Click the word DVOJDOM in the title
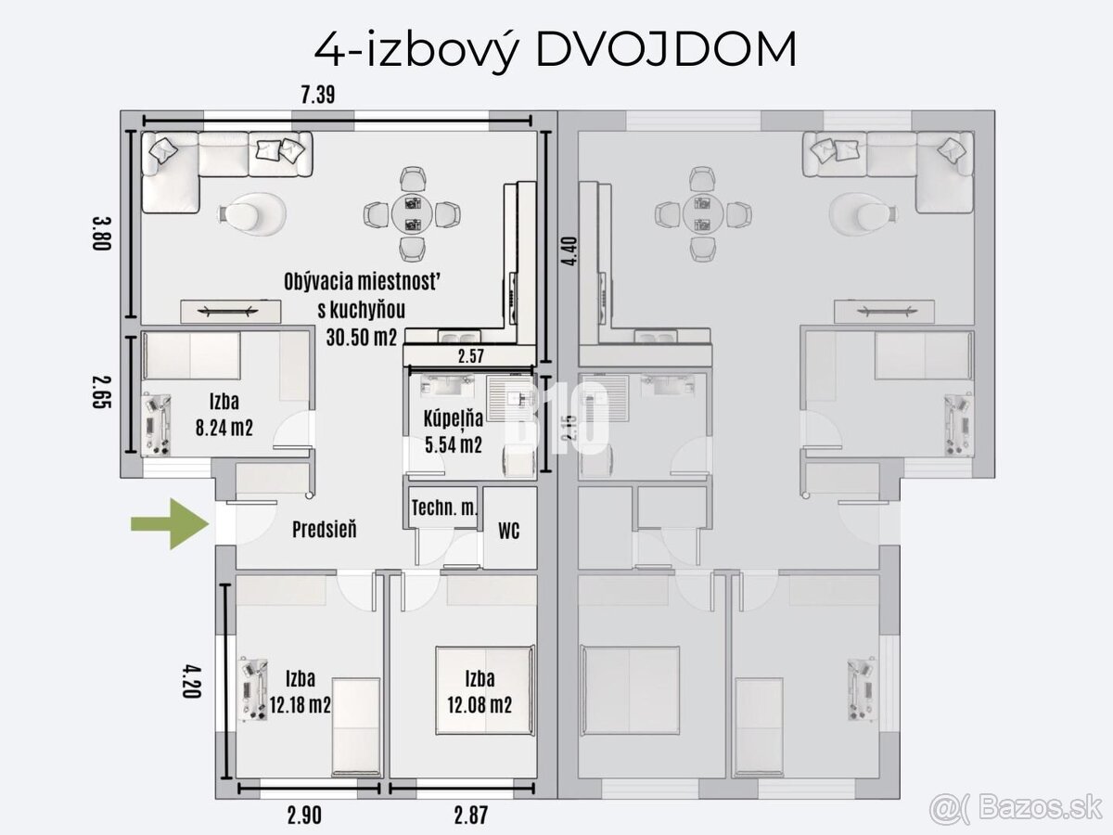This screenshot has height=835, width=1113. [x=666, y=50]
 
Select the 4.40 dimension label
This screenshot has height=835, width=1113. [x=569, y=250]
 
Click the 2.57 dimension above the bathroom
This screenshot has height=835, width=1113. [x=470, y=356]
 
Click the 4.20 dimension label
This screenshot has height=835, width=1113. [x=192, y=682]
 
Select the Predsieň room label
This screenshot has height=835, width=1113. [x=324, y=530]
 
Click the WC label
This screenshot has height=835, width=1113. [x=508, y=532]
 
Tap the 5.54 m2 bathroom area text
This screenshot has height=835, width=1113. [x=453, y=445]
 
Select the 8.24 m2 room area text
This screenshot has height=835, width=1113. [x=220, y=427]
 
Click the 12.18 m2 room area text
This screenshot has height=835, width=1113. [x=301, y=705]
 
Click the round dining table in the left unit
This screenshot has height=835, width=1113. [x=412, y=212]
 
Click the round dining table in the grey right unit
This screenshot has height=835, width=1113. [x=702, y=212]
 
